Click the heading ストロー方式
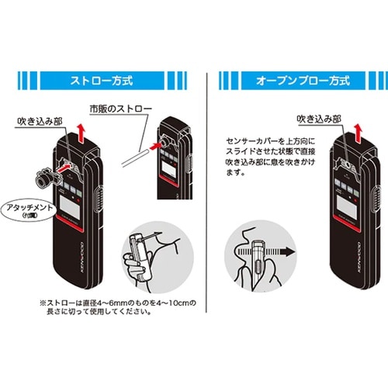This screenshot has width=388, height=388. [x=100, y=80]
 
